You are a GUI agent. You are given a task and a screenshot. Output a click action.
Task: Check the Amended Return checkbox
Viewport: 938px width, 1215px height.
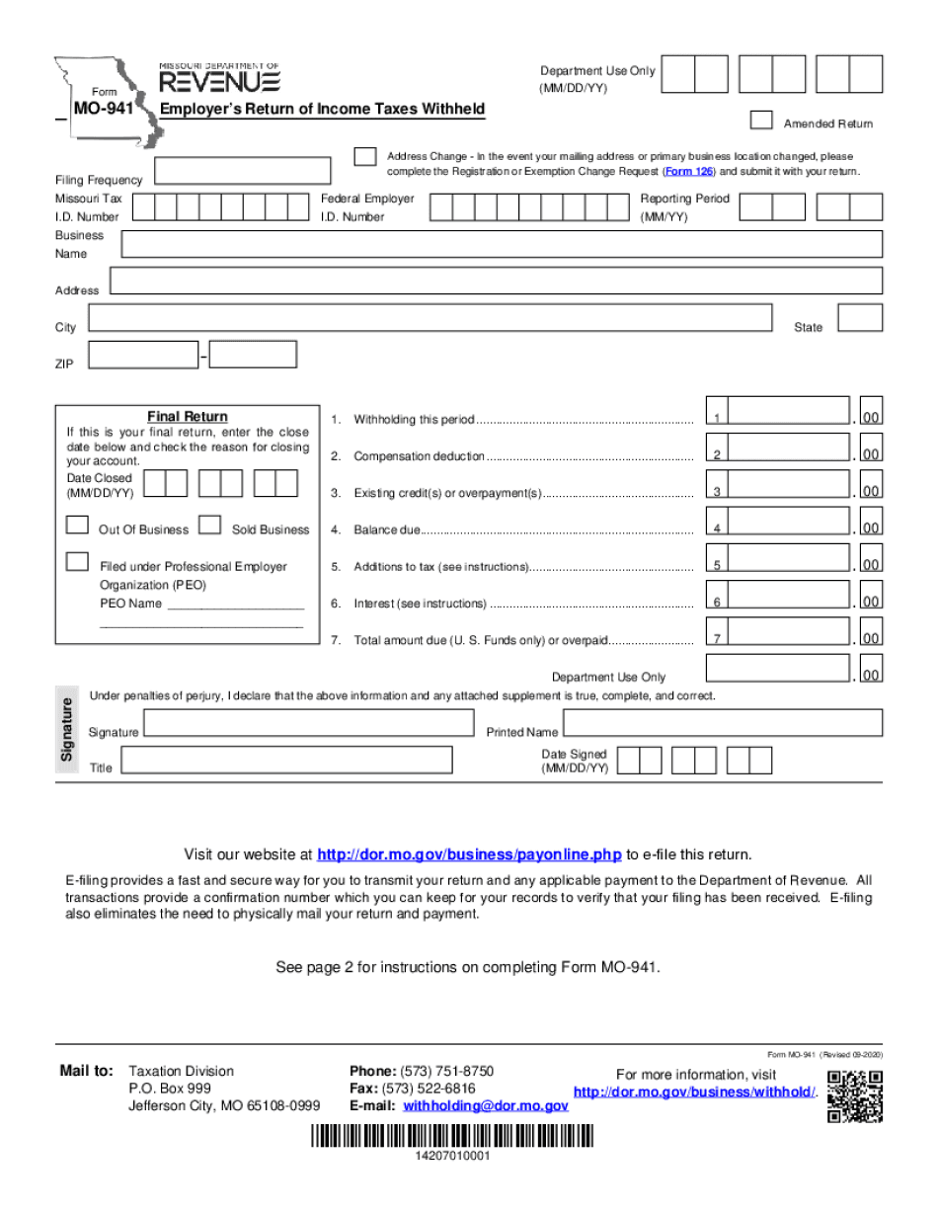tap(761, 120)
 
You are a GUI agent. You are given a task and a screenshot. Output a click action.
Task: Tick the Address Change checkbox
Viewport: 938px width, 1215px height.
tap(364, 157)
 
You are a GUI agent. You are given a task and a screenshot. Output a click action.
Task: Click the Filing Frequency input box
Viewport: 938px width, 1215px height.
tap(243, 171)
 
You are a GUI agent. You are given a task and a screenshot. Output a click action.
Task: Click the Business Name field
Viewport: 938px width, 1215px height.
tap(502, 244)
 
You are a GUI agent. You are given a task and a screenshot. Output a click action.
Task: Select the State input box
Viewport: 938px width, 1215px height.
tap(860, 317)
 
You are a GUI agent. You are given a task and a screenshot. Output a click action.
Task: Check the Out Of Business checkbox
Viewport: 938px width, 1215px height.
tap(77, 526)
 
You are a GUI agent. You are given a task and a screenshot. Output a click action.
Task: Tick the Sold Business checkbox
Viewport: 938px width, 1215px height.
tap(209, 526)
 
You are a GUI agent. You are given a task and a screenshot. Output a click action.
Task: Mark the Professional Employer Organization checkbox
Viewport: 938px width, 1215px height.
tap(77, 561)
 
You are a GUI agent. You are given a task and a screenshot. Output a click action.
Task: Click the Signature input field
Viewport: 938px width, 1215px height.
tap(308, 722)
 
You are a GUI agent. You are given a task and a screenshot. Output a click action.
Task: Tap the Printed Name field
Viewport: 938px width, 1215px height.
tap(722, 722)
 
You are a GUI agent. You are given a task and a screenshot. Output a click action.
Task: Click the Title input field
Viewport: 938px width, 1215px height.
tap(286, 760)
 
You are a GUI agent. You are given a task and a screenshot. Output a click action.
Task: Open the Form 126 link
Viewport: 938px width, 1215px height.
tap(689, 172)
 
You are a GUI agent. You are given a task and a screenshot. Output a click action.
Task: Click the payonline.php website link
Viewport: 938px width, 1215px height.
tap(469, 854)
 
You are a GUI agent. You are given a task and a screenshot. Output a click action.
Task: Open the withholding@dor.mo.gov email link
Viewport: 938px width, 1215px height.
tap(486, 1106)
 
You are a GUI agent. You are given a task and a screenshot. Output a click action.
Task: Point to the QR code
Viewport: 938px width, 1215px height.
tap(855, 1096)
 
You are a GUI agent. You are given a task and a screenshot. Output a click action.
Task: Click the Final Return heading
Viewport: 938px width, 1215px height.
tap(188, 417)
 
